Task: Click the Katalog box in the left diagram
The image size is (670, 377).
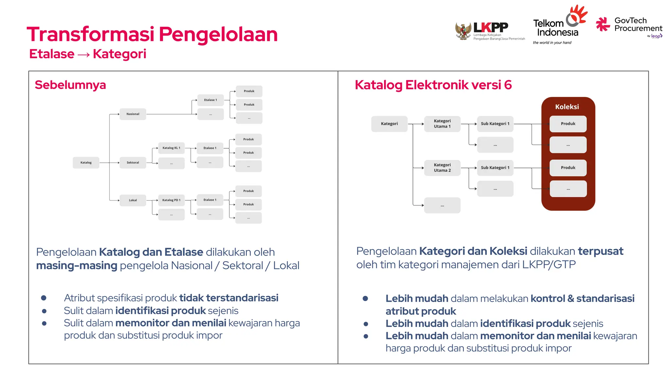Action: (x=86, y=163)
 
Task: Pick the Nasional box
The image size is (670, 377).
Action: (x=133, y=114)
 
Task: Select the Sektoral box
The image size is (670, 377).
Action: (x=133, y=163)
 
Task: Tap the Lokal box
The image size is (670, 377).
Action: (x=133, y=200)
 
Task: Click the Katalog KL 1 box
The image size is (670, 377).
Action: (x=171, y=148)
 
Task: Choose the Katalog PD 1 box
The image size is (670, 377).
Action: (x=171, y=200)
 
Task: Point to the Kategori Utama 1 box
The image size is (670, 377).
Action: (x=442, y=124)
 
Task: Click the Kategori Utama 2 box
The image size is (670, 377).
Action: (x=442, y=168)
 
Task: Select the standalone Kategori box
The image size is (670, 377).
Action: (x=389, y=124)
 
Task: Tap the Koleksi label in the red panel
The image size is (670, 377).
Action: (x=567, y=107)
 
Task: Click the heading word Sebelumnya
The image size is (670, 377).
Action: (x=70, y=85)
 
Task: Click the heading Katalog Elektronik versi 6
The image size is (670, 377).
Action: (x=433, y=85)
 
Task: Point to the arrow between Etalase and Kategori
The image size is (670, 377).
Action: (x=84, y=54)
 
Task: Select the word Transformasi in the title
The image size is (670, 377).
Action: (x=90, y=34)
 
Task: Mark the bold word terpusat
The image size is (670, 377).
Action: (x=600, y=251)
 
